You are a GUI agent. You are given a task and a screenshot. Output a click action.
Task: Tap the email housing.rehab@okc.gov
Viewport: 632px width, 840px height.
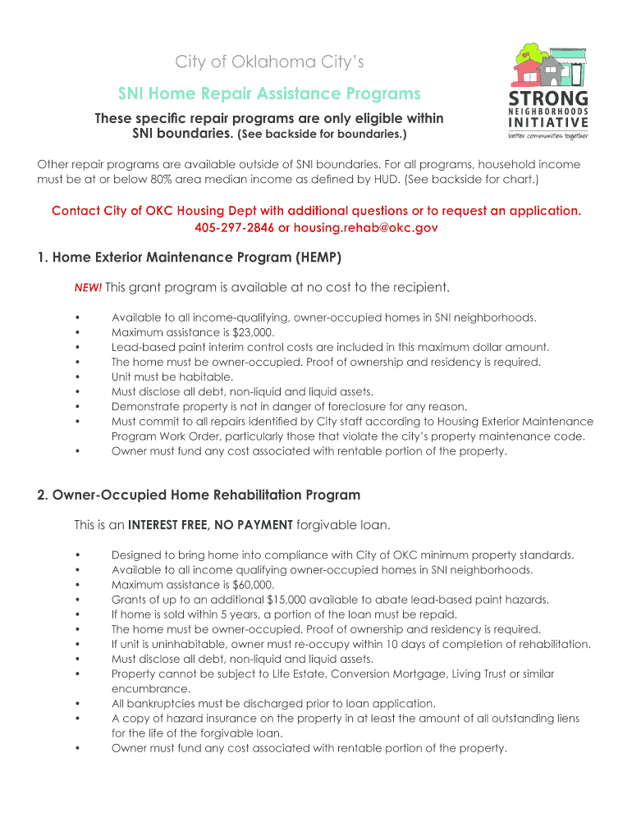tap(366, 227)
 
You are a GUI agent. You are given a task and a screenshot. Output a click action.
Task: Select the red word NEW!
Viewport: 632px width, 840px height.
tap(88, 288)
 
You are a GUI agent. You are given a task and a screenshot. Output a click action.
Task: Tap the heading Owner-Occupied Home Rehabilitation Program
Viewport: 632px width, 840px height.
tap(205, 495)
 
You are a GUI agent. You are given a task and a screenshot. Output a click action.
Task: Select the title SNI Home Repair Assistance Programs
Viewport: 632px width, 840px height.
tap(269, 94)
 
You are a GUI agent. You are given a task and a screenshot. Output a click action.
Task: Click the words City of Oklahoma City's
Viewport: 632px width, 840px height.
tap(269, 62)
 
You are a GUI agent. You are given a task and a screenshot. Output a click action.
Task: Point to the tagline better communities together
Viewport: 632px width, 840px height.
tap(547, 136)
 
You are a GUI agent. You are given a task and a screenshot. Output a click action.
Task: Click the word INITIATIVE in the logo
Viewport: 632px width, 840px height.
tap(547, 123)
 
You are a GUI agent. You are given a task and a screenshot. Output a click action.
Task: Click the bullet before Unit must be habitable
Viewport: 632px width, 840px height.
tap(76, 377)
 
